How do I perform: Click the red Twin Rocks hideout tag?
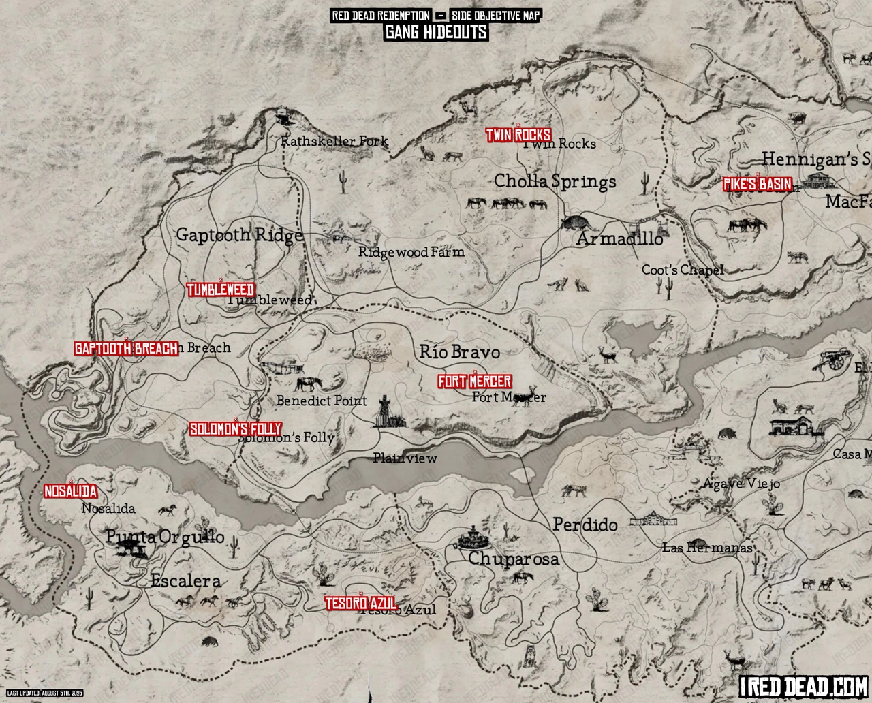[x=518, y=135]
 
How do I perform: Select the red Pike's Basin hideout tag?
[x=757, y=184]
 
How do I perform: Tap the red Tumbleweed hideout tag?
[x=221, y=290]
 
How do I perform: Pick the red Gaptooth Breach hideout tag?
[x=126, y=348]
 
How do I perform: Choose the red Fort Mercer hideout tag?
[x=474, y=381]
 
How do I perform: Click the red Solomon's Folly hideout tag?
[x=235, y=429]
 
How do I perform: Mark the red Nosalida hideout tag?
[x=70, y=491]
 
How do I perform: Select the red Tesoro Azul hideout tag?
[x=361, y=604]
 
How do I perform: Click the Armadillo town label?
[x=620, y=239]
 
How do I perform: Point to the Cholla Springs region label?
[x=555, y=181]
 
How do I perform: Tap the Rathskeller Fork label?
[x=334, y=142]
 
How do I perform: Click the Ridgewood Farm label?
[x=411, y=252]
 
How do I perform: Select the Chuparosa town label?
[x=513, y=559]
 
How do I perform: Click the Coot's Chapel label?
[x=682, y=270]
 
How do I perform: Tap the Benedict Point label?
[x=322, y=401]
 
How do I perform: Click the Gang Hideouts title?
[x=435, y=32]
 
